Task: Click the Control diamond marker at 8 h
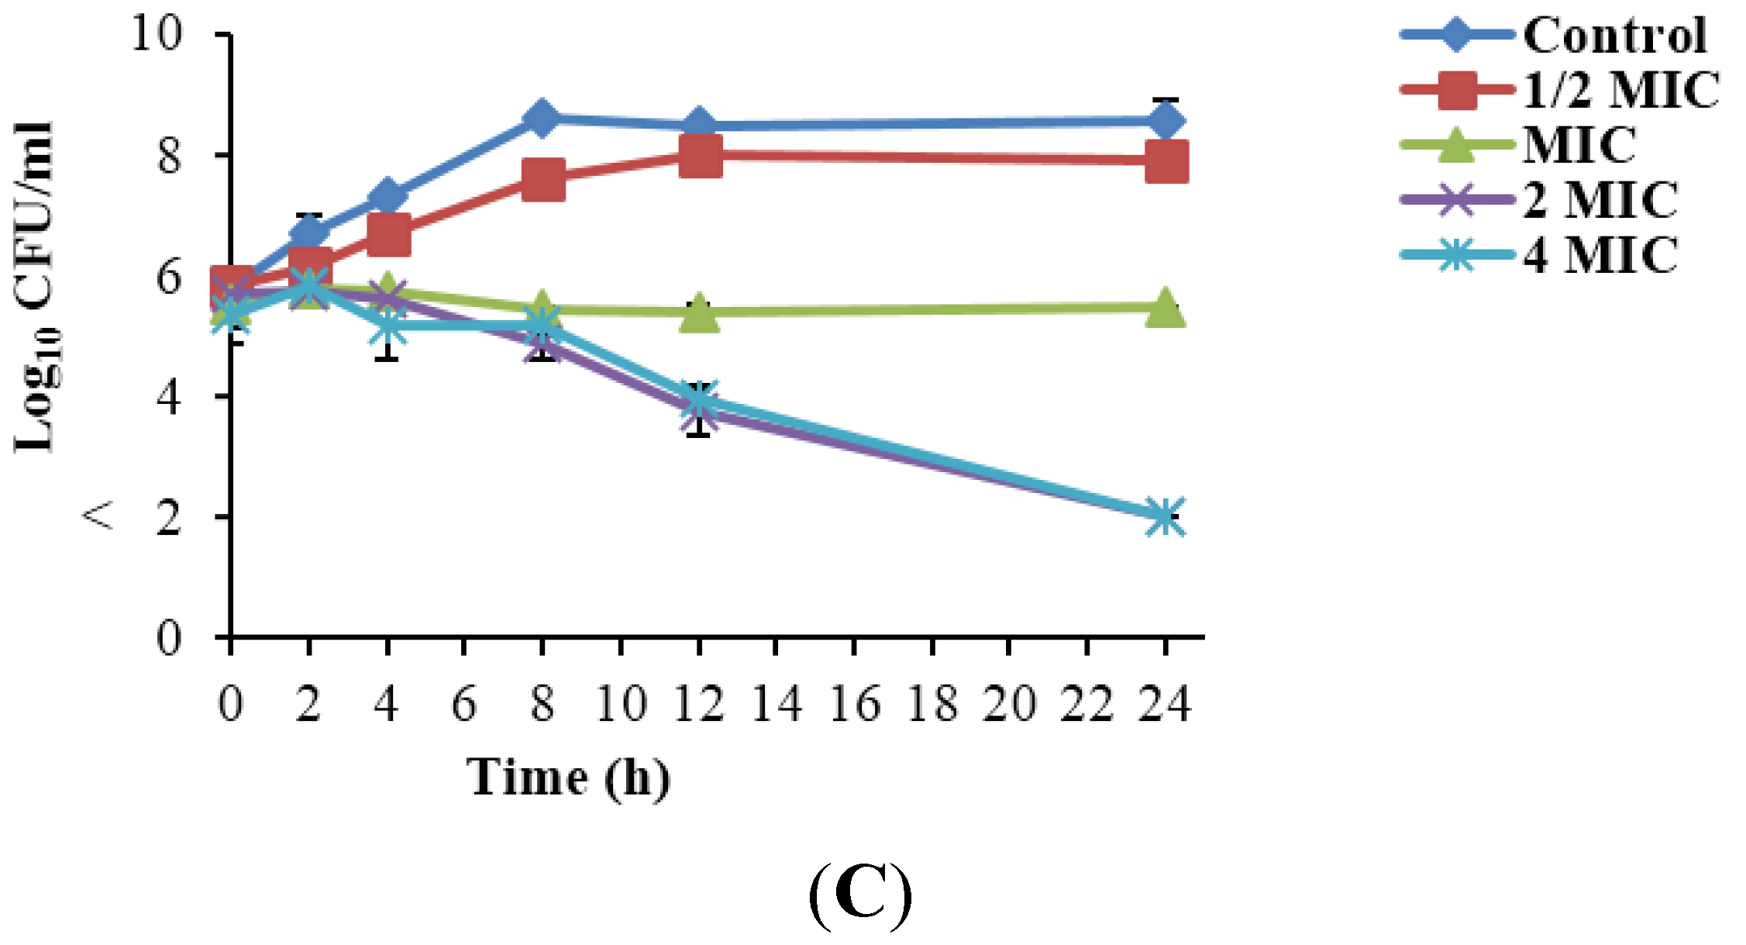coord(542,118)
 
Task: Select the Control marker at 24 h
coord(1166,122)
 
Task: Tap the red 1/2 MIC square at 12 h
coord(700,155)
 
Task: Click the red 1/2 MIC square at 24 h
coord(1166,161)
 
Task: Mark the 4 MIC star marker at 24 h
coord(1166,517)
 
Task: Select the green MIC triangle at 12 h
coord(700,313)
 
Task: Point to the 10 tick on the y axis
coord(157,34)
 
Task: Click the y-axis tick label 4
coord(169,397)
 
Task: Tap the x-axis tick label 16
coord(855,704)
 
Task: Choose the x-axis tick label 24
coord(1164,704)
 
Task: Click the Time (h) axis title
coord(568,778)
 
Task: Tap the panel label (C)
coord(860,895)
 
